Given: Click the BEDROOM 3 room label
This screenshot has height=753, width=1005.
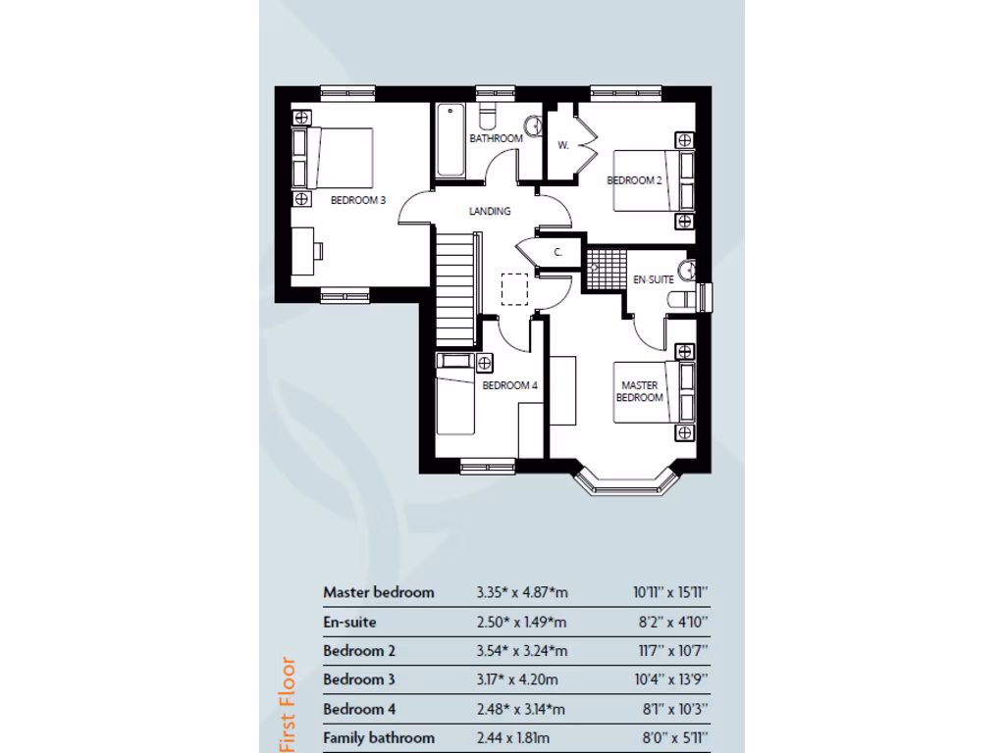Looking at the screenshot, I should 357,200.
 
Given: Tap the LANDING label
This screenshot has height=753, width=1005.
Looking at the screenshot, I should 490,211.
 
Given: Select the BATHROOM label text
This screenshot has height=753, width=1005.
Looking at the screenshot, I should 496,138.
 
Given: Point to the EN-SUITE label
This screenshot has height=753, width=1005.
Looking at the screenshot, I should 653,279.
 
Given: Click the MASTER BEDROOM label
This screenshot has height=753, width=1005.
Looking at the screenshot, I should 639,391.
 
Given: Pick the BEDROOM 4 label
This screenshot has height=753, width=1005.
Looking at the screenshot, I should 509,385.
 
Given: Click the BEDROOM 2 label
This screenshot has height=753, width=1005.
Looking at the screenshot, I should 634,179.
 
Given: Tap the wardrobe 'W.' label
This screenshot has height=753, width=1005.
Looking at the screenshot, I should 563,145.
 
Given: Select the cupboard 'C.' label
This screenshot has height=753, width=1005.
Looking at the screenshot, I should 557,252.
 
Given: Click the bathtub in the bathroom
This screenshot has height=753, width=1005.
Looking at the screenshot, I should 450,140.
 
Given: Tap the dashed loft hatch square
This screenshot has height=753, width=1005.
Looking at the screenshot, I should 514,289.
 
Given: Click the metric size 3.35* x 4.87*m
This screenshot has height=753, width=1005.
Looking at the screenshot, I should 521,592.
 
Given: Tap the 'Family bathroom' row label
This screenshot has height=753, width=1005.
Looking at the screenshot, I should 379,737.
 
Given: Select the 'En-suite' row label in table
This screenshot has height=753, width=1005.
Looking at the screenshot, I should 349,622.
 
